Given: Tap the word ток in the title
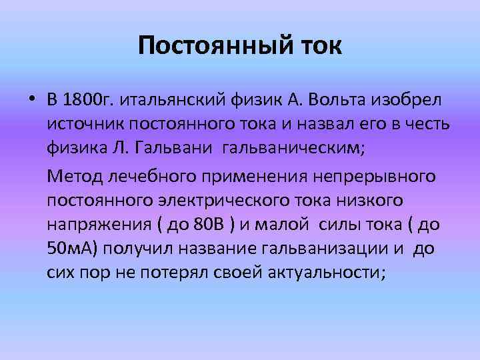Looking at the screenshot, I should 317,47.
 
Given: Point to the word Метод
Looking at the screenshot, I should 72,176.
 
